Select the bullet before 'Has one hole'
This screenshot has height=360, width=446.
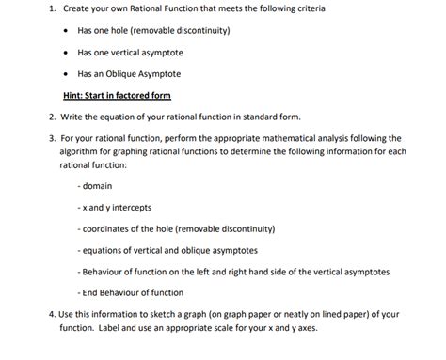[63, 31]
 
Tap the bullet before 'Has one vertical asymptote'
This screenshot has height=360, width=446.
[63, 53]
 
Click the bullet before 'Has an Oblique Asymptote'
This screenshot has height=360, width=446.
[63, 73]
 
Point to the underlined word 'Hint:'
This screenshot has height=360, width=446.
[75, 96]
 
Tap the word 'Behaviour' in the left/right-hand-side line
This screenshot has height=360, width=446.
[109, 271]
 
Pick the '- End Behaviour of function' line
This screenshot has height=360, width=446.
[131, 292]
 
